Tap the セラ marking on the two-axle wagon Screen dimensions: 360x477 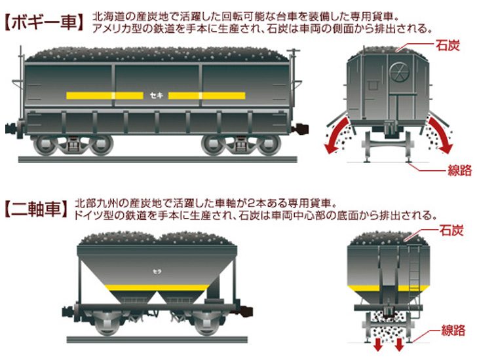click(x=156, y=270)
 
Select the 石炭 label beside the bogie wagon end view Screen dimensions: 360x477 click(x=450, y=46)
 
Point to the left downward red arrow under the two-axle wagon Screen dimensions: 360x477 click(x=378, y=344)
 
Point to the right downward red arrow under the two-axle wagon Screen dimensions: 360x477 click(x=399, y=344)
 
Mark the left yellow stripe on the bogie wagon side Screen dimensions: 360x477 click(x=105, y=96)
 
